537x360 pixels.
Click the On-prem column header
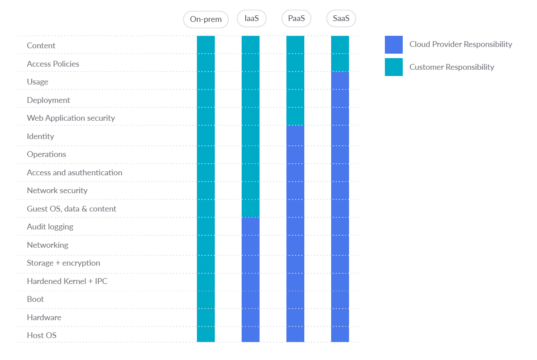[206, 20]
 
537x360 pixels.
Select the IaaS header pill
[251, 19]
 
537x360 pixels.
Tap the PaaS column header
[296, 19]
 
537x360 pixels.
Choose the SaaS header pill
[341, 19]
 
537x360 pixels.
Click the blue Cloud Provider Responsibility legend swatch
[394, 45]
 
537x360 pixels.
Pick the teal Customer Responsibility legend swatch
[394, 67]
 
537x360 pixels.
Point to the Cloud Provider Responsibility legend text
[460, 44]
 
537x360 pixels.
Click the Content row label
[41, 46]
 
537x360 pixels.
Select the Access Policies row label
[53, 64]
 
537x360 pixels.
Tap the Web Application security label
[71, 118]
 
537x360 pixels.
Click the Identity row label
[40, 136]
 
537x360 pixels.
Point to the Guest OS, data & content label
[72, 209]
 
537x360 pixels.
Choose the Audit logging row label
[50, 227]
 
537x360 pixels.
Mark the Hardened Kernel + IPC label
[67, 281]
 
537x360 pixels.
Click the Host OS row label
[42, 335]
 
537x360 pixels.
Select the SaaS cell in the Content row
[340, 45]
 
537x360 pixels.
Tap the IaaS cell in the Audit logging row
[251, 227]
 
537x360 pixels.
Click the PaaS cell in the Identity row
[295, 136]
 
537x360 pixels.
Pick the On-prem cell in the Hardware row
[206, 318]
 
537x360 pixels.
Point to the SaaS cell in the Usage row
[340, 81]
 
